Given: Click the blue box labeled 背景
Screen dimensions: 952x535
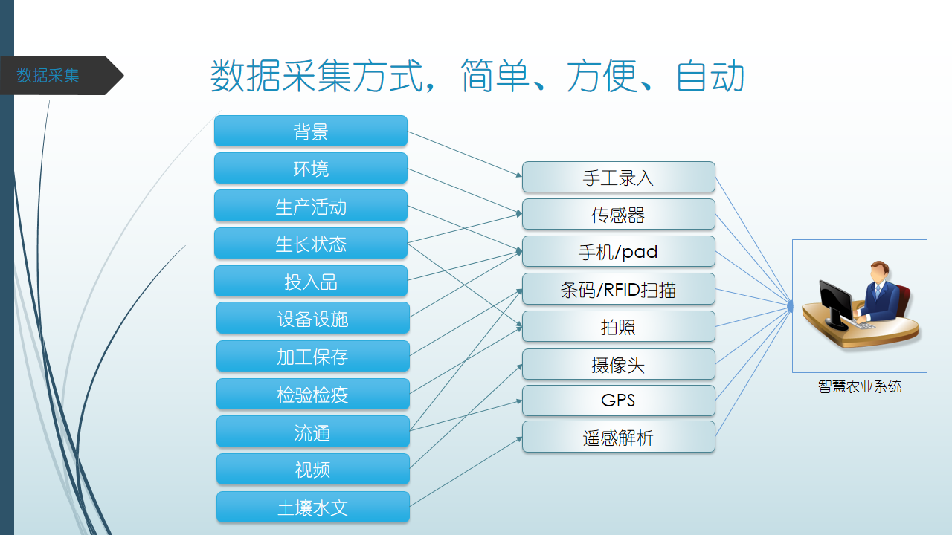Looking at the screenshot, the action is (311, 131).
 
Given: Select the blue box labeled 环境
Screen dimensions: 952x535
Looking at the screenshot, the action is (311, 169).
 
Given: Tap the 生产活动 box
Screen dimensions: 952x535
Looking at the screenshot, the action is (311, 206).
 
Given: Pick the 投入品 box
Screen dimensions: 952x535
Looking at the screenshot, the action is (311, 281).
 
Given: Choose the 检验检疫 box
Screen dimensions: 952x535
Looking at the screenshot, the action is (313, 394).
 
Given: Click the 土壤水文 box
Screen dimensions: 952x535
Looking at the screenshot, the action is (313, 507).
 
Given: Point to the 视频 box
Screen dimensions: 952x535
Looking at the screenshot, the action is (313, 469).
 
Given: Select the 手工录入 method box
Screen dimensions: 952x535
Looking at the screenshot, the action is (618, 177).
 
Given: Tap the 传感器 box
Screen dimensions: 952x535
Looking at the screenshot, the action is (618, 215).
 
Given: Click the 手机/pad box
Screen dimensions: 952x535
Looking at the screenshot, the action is (618, 251).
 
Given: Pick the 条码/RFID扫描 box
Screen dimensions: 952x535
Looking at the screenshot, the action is (618, 289).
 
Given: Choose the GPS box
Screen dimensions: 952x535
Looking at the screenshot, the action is (618, 401).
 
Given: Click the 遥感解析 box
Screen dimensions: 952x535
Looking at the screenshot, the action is (618, 437).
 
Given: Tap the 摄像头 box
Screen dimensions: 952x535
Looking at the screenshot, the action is (618, 364).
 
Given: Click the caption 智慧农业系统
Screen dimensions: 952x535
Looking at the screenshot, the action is (859, 386).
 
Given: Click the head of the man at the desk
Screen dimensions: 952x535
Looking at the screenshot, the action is (880, 272).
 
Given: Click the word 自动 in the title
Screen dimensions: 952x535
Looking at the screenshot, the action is (710, 76).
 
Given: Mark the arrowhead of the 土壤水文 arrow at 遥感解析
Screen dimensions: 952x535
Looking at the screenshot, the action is (519, 439).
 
